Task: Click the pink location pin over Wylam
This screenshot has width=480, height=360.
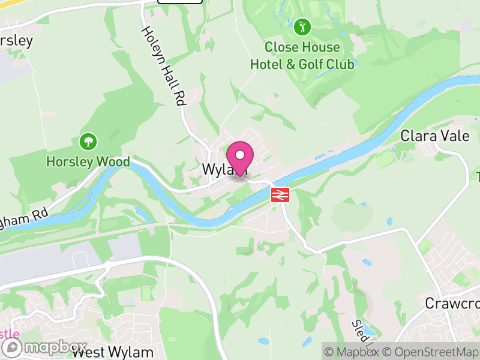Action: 240,159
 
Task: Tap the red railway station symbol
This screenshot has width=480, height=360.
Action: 280,194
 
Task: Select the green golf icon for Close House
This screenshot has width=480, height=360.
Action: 302,26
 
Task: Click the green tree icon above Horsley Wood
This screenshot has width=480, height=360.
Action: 88,142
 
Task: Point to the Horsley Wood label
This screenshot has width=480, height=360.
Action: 88,162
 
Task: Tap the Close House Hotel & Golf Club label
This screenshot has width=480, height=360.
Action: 302,55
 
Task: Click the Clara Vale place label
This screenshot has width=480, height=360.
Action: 435,136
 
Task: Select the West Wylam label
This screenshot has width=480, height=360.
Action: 113,352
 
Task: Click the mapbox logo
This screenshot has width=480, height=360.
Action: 45,347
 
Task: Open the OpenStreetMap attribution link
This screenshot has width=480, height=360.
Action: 432,352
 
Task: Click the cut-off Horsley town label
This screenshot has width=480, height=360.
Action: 16,41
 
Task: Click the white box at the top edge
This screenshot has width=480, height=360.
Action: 180,2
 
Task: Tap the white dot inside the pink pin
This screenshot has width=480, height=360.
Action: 240,155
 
